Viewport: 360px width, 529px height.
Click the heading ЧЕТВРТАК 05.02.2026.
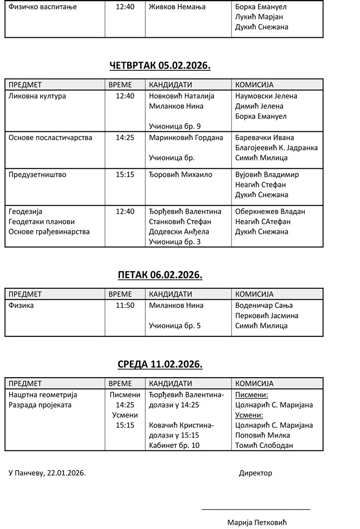coord(160,66)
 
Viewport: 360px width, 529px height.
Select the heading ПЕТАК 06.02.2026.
coord(160,275)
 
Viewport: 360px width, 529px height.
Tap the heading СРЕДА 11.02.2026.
coord(160,364)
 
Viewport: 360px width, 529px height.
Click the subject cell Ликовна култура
coord(37,96)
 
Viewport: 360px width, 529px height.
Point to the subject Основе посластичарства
coord(51,138)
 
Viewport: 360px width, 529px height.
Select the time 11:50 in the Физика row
coord(125,305)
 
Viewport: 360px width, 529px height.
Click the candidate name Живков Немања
coord(177,7)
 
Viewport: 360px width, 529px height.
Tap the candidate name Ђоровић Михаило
coord(181,175)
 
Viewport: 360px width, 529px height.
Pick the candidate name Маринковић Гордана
coord(186,138)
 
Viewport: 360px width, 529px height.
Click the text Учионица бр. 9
coord(175,126)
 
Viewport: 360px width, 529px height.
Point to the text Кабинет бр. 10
coord(174,445)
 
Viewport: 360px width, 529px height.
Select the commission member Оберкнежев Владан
coord(270,211)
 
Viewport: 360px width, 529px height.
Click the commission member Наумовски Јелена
coord(266,96)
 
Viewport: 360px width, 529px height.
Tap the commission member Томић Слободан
coord(264,445)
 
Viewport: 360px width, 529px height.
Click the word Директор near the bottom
coord(255,473)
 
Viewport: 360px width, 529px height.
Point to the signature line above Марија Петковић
coord(256,509)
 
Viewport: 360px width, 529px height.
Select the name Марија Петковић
coord(257,522)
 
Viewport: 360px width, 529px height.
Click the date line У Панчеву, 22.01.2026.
coord(48,473)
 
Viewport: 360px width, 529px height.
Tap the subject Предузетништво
coord(38,175)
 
